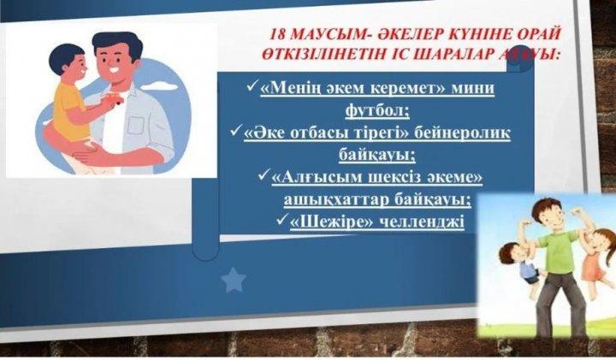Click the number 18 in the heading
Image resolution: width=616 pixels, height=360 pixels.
(277, 34)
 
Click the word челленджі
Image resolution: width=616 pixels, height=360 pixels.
(424, 221)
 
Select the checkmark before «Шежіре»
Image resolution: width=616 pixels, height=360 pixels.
(286, 220)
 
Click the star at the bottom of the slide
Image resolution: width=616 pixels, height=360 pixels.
(233, 280)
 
